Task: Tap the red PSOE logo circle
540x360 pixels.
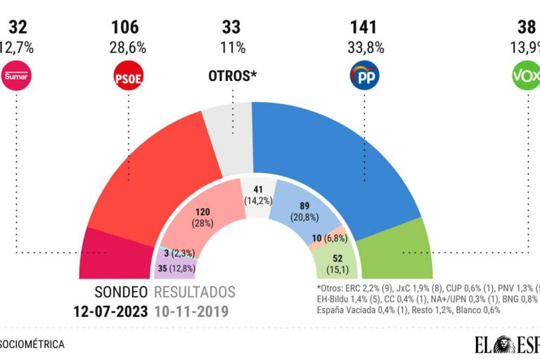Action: click(127, 75)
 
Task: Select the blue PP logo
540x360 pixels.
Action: click(364, 75)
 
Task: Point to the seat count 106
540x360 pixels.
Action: click(125, 28)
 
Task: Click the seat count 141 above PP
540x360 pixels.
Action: click(364, 28)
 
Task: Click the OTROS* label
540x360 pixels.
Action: click(231, 75)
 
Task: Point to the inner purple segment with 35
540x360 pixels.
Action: click(174, 268)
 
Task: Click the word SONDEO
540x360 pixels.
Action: click(122, 292)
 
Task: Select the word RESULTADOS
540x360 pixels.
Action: click(195, 292)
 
